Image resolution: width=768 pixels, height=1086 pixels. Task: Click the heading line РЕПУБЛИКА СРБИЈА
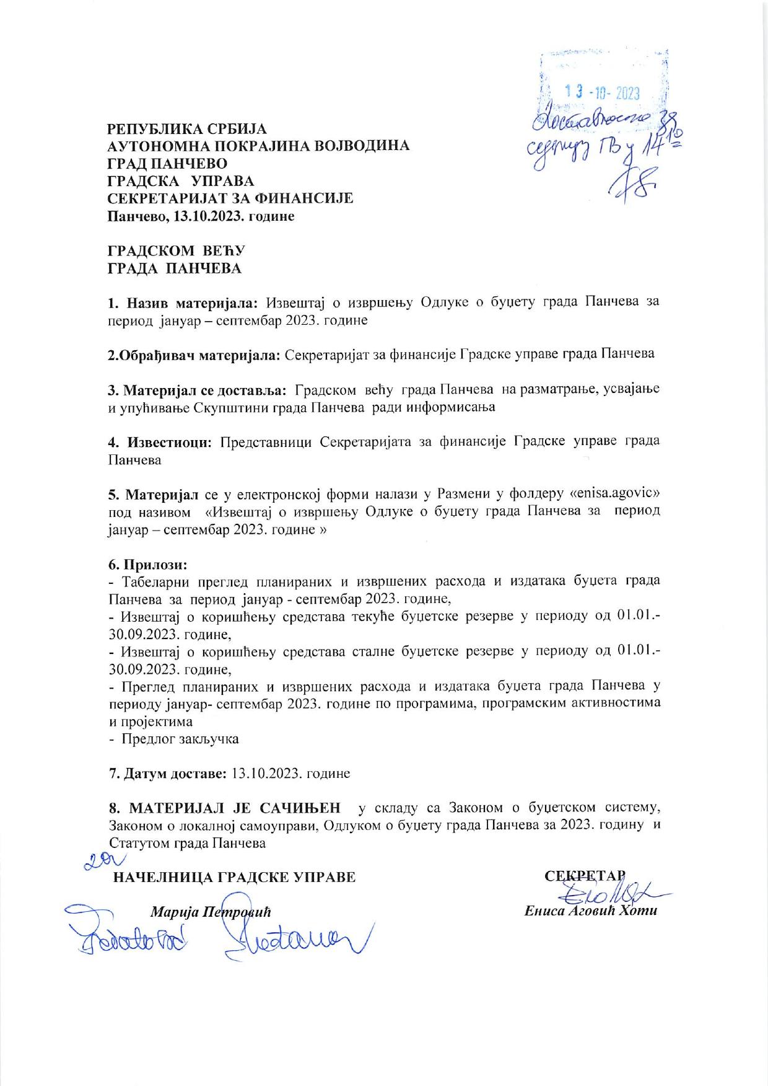coord(187,129)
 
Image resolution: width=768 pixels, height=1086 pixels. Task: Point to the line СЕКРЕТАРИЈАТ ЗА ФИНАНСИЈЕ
coord(230,198)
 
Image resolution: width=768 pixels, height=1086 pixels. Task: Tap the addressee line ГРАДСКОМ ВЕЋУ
coord(177,250)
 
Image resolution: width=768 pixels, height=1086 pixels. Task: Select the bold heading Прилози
coord(147,565)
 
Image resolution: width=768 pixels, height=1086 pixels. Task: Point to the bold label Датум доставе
coord(168,774)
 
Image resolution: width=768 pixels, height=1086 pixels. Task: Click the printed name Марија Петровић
coord(211,912)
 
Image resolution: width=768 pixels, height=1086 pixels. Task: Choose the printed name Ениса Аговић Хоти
coord(590,911)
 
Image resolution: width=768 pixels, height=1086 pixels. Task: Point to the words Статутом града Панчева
coord(187,843)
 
